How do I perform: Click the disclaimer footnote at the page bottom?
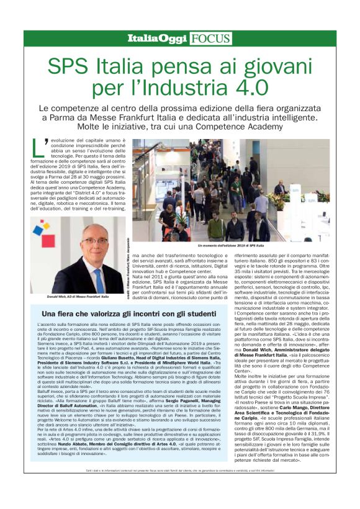tap(179, 490)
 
